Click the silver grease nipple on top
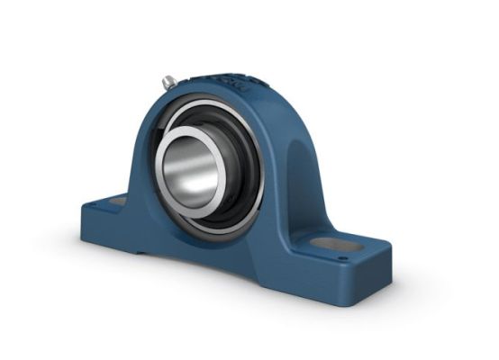click(168, 82)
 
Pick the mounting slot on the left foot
click(115, 202)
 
